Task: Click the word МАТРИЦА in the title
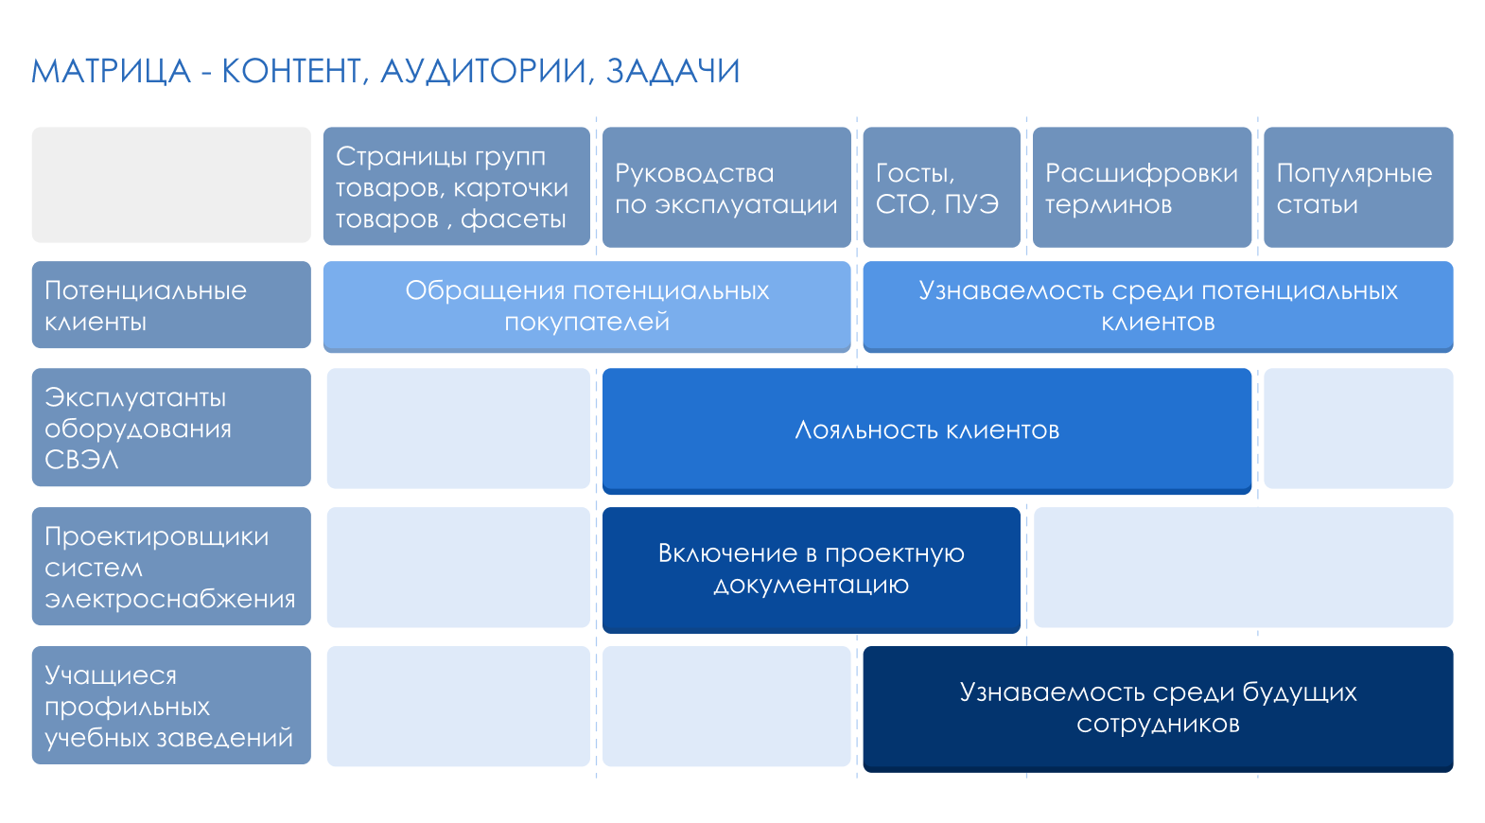coord(111,71)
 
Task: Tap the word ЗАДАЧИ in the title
coord(673,71)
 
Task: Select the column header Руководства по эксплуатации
coord(726,187)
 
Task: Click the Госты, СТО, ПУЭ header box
coord(941,187)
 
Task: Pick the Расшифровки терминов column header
coord(1142,187)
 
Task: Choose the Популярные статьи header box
coord(1358,187)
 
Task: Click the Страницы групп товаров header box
coord(457,186)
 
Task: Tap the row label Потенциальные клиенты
coord(171,305)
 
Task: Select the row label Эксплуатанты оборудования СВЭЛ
coord(171,427)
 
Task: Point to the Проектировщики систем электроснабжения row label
coord(171,567)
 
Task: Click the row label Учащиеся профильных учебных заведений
coord(171,705)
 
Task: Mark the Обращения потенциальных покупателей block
coord(586,306)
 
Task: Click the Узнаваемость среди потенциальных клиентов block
coord(1158,306)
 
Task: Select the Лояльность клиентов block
coord(927,431)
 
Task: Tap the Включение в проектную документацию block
coord(812,569)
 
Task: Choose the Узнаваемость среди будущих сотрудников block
coord(1158,709)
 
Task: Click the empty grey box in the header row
coord(171,185)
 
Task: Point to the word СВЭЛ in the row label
coord(81,460)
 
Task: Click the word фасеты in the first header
coord(513,219)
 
